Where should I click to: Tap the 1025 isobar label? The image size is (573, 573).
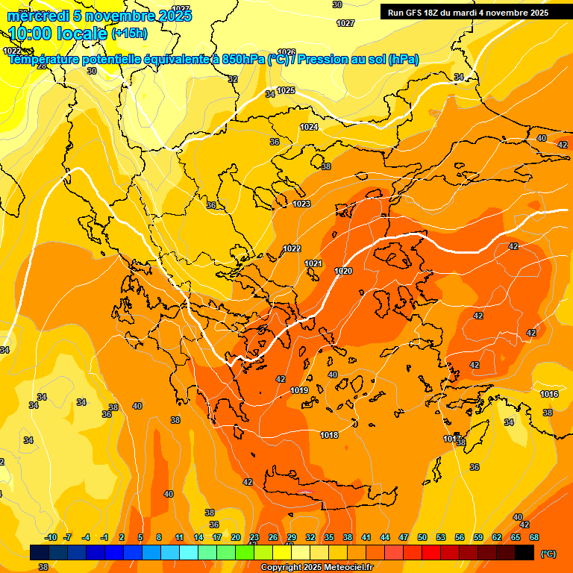286,91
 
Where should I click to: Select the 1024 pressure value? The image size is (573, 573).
309,128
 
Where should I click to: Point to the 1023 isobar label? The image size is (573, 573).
301,204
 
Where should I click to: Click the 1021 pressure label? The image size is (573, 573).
313,263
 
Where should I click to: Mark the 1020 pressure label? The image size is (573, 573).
344,271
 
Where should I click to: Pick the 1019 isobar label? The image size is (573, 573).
300,390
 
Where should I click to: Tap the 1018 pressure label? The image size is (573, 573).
329,435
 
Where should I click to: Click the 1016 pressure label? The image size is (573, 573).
549,394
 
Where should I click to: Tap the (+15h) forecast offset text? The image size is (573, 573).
129,34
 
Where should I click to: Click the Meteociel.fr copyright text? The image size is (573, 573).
316,568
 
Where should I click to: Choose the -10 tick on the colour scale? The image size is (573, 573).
51,537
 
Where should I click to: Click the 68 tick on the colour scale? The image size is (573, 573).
534,537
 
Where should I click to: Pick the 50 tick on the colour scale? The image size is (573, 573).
422,537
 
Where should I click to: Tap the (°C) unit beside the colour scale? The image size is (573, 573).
548,554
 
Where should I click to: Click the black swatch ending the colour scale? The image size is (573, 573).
525,552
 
